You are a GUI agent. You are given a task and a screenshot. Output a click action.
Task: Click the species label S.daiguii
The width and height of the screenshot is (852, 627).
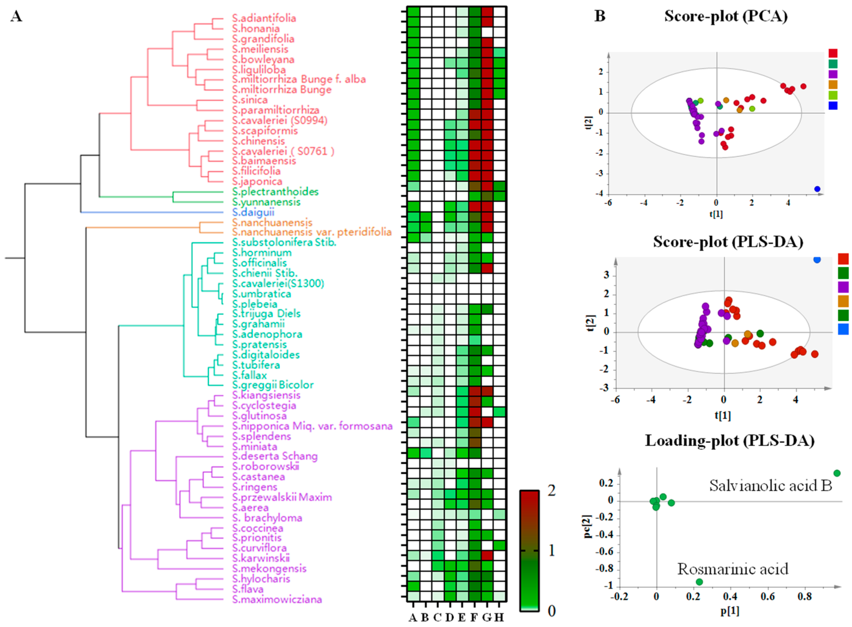pyautogui.click(x=253, y=212)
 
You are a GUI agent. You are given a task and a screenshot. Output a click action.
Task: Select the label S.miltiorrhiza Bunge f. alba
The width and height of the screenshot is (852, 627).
pyautogui.click(x=299, y=79)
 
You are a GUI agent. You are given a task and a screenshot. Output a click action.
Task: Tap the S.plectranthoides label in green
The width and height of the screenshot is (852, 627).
pyautogui.click(x=275, y=192)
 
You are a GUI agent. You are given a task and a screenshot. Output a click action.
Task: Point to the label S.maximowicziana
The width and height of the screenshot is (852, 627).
pyautogui.click(x=277, y=600)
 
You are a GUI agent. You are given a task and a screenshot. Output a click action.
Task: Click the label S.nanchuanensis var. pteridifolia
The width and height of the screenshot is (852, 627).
pyautogui.click(x=312, y=232)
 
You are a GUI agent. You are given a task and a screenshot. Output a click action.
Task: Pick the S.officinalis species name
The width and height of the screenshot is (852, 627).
pyautogui.click(x=259, y=263)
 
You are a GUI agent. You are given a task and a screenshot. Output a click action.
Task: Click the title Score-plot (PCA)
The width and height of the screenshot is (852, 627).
pyautogui.click(x=726, y=16)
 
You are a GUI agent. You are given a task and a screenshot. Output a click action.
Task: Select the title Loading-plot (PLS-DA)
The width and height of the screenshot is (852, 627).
pyautogui.click(x=730, y=441)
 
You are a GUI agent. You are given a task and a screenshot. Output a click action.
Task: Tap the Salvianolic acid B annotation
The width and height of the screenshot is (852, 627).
pyautogui.click(x=770, y=485)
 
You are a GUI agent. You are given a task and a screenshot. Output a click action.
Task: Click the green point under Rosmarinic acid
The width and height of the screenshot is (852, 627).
pyautogui.click(x=699, y=582)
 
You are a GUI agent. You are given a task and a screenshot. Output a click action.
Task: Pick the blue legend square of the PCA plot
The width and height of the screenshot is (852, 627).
pyautogui.click(x=833, y=106)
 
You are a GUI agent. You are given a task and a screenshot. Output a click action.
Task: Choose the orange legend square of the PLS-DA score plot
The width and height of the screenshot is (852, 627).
pyautogui.click(x=843, y=301)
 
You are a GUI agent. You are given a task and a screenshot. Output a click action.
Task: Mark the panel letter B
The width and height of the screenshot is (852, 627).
pyautogui.click(x=600, y=16)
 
